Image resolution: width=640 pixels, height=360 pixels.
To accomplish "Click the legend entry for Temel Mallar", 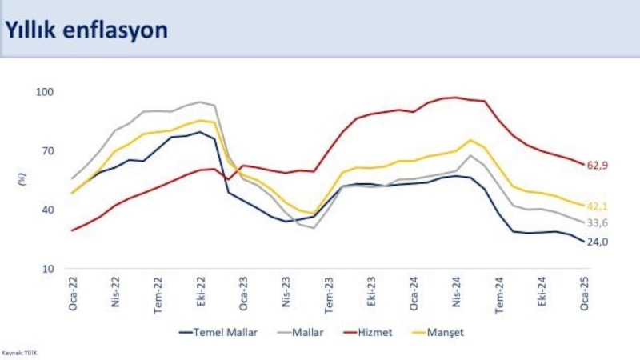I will (x=218, y=333).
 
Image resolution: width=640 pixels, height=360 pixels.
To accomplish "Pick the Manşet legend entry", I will (x=447, y=333).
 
